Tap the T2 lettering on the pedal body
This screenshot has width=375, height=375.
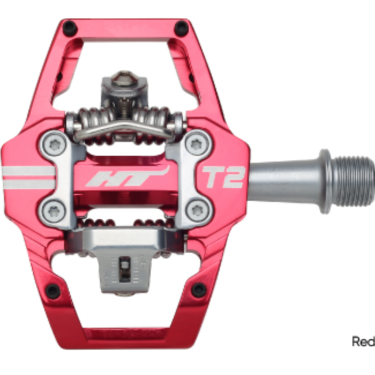223,177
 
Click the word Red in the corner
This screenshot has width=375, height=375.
363,342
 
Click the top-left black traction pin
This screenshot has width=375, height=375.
69,27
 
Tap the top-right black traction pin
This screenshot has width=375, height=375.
181,27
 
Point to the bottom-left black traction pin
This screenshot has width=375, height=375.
52,291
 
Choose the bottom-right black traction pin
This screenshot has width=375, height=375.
199,290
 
